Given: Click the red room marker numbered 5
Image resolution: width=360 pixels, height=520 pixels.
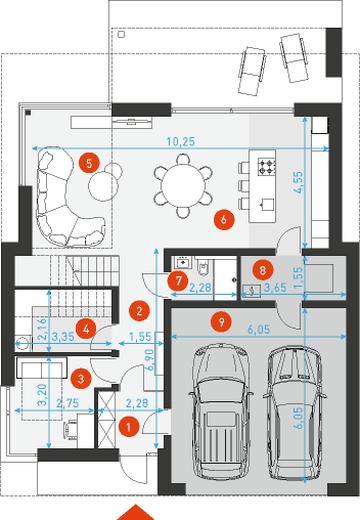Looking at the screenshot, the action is [89, 163].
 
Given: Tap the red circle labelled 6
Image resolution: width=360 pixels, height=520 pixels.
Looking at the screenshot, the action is [224, 219].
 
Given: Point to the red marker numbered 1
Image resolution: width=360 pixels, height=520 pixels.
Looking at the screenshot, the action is [129, 426].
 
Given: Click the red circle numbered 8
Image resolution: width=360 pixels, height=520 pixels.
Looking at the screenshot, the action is [263, 270].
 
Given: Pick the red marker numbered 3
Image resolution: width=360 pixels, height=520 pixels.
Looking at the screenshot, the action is [81, 378].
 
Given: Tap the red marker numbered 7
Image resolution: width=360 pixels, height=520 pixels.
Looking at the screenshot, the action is [178, 281].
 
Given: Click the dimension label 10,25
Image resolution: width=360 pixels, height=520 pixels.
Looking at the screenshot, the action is [181, 141].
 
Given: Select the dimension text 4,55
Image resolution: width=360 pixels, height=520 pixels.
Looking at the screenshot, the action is [298, 182].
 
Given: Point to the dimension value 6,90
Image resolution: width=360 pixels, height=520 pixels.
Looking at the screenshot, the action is [150, 360].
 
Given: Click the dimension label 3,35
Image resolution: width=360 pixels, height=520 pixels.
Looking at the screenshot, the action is [63, 336].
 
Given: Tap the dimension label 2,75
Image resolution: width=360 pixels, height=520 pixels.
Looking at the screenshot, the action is [68, 403].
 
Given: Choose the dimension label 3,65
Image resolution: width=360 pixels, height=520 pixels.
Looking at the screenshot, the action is [275, 287].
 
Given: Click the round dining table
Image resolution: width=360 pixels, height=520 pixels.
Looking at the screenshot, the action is [183, 185].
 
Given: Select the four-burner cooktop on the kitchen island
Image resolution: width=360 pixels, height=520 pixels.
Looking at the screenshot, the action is [267, 167].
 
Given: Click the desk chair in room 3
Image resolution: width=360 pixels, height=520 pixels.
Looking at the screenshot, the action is [71, 429].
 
